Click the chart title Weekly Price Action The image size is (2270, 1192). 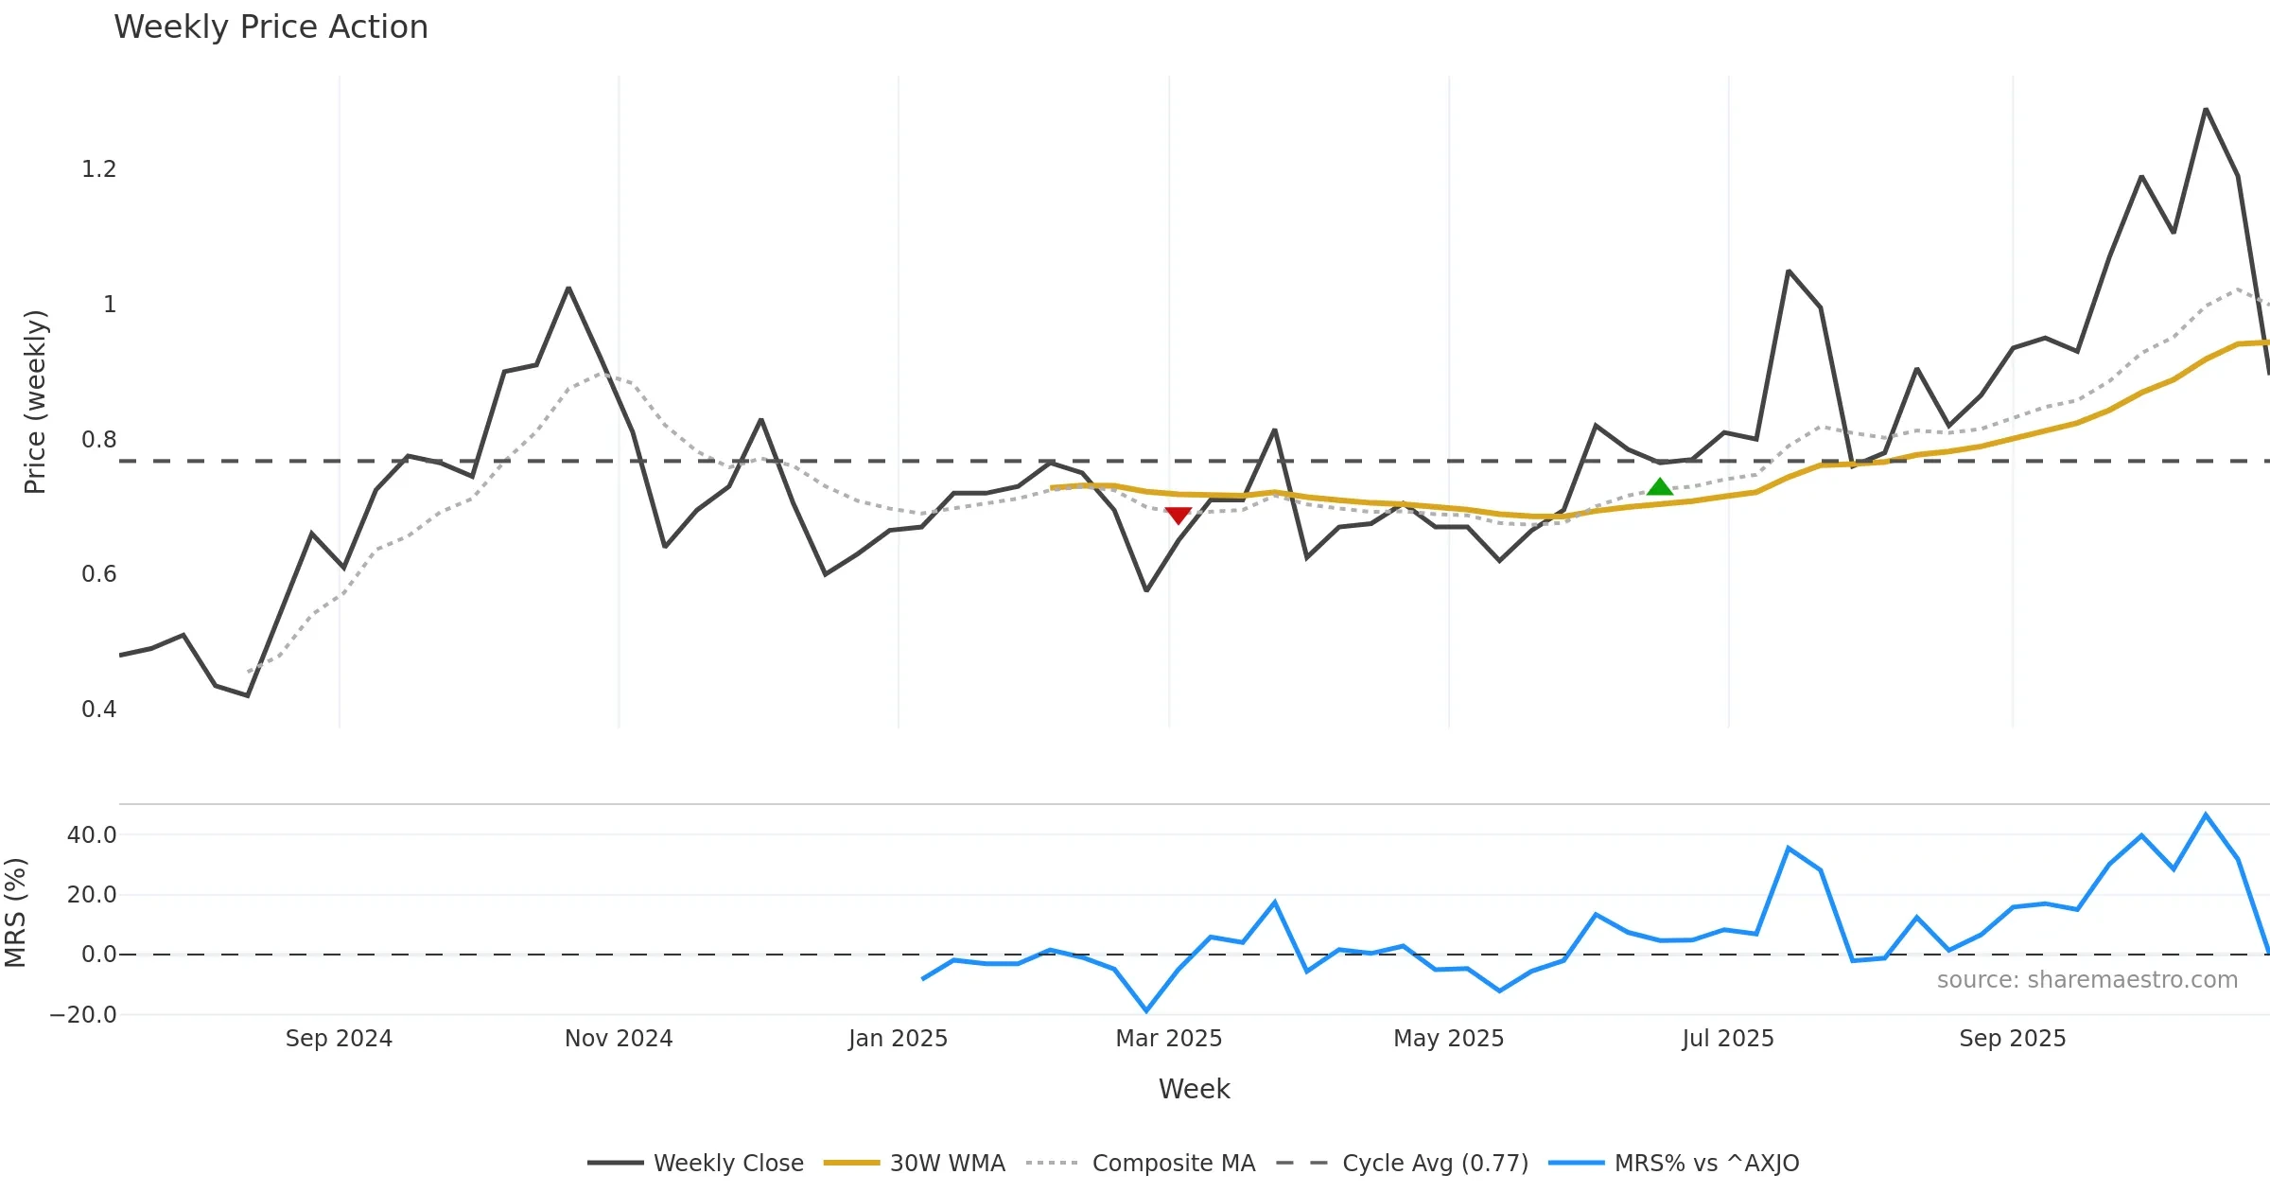point(271,27)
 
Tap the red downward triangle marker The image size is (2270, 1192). point(1178,515)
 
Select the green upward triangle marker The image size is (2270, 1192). point(1660,487)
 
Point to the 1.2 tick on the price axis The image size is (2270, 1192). point(98,169)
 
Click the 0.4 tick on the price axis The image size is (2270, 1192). point(98,710)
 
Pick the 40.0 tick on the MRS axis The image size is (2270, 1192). point(92,835)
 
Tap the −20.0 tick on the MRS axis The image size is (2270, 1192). point(83,1015)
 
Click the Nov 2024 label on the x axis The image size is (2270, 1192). point(619,1039)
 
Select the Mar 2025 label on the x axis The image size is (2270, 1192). point(1169,1039)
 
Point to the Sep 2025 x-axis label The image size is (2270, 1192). point(2013,1039)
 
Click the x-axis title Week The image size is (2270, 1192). point(1194,1090)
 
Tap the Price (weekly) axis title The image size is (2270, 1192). point(35,402)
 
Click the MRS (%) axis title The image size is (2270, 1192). point(15,912)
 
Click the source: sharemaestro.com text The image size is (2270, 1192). point(2087,980)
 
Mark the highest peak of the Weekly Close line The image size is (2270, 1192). point(2206,110)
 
